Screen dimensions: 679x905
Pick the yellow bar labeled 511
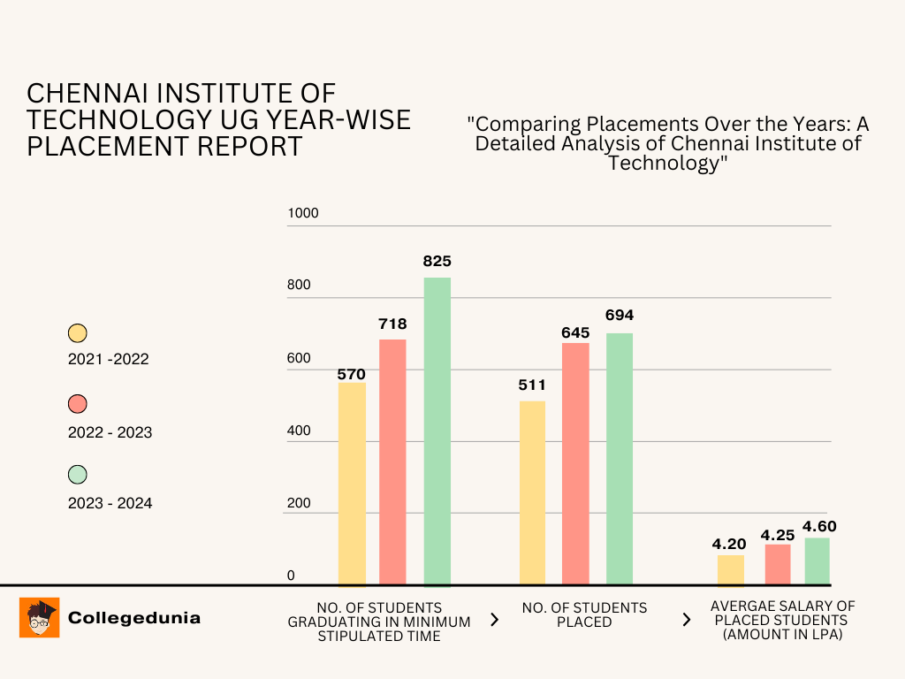coord(532,492)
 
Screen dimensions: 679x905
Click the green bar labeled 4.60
coord(818,561)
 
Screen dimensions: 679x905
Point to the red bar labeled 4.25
coord(778,564)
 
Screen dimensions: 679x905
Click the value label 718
coord(392,324)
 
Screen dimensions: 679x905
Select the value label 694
coord(620,316)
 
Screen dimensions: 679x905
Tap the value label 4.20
coord(730,544)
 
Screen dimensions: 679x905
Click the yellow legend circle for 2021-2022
coord(78,333)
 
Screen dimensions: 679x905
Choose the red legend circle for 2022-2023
coord(78,404)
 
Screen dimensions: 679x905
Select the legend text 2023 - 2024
coord(110,503)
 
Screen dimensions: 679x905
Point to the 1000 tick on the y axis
coord(302,213)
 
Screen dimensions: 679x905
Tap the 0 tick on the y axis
coord(291,576)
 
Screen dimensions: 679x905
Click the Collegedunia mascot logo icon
coord(39,617)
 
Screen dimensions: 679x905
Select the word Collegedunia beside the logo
coord(134,618)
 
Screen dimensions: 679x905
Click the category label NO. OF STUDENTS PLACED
coord(584,614)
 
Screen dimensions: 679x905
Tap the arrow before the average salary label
coord(686,620)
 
